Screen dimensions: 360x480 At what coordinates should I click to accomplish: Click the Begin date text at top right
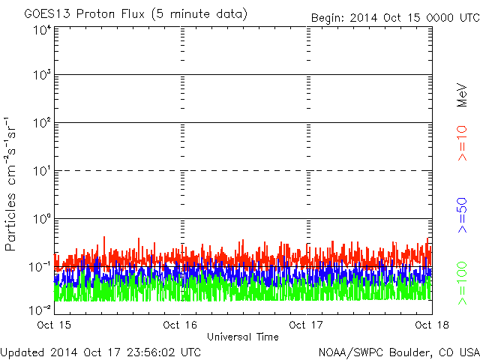394,17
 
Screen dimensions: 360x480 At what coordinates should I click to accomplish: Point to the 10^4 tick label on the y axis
41,30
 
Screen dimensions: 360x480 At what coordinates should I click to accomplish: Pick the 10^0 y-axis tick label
41,220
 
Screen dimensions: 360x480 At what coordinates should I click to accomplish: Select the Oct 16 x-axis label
180,325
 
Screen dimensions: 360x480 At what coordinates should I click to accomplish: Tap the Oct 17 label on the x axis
307,325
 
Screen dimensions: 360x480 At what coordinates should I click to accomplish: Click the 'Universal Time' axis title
242,337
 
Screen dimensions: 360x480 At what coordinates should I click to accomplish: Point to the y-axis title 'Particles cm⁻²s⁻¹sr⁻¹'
13,183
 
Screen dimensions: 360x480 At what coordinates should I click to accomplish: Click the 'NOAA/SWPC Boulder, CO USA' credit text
398,352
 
